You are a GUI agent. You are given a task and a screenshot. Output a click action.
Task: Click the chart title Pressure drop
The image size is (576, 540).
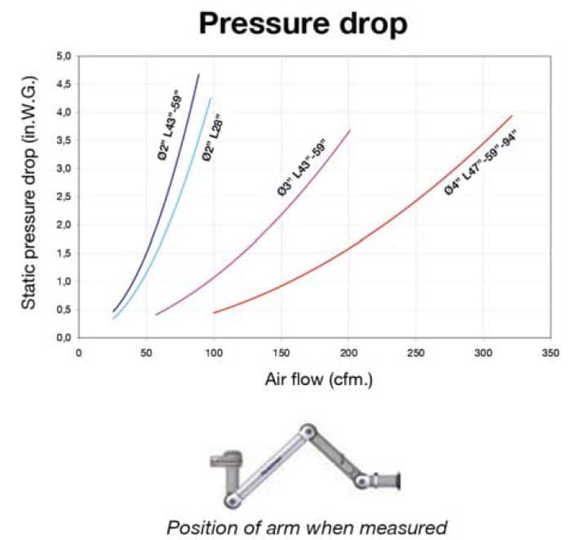pyautogui.click(x=303, y=24)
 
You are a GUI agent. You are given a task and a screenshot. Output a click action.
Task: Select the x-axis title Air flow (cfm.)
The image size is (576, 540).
pyautogui.click(x=318, y=379)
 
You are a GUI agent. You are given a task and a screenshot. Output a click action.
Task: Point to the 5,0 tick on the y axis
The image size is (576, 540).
pyautogui.click(x=65, y=56)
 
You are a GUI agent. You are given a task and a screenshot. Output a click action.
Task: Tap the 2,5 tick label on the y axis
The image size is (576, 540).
pyautogui.click(x=65, y=197)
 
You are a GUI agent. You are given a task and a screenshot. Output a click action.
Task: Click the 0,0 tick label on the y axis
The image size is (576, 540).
pyautogui.click(x=65, y=337)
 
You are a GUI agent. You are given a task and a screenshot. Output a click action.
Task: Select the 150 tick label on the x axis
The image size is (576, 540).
pyautogui.click(x=281, y=353)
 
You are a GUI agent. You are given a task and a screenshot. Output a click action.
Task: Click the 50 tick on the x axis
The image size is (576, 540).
pyautogui.click(x=146, y=353)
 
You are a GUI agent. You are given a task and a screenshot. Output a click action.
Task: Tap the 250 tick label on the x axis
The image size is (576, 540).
pyautogui.click(x=416, y=353)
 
